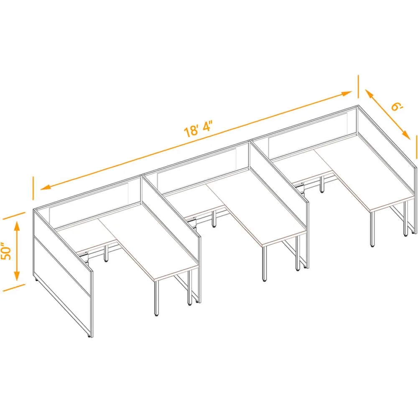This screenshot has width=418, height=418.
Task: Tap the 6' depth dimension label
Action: click(397, 106)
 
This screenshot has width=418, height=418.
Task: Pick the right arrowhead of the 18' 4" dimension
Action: click(346, 94)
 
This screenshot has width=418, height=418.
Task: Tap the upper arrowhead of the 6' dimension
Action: click(370, 94)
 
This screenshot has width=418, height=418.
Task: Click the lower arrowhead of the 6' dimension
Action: click(405, 135)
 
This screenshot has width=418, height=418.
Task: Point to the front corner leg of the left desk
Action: click(156, 298)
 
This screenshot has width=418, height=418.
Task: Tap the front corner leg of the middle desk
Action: click(265, 263)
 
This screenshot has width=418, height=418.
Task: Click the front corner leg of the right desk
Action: click(372, 229)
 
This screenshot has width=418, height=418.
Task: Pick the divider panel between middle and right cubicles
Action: click(278, 176)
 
